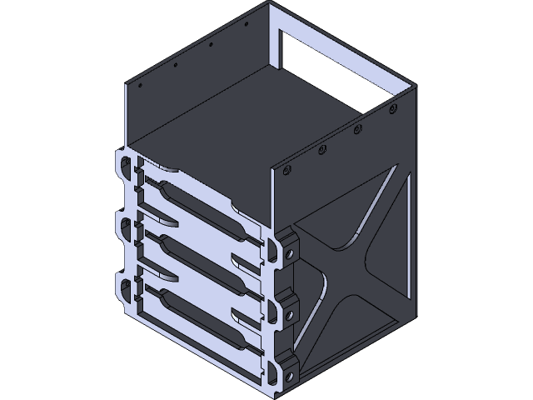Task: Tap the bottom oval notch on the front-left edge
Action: pos(125,287)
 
